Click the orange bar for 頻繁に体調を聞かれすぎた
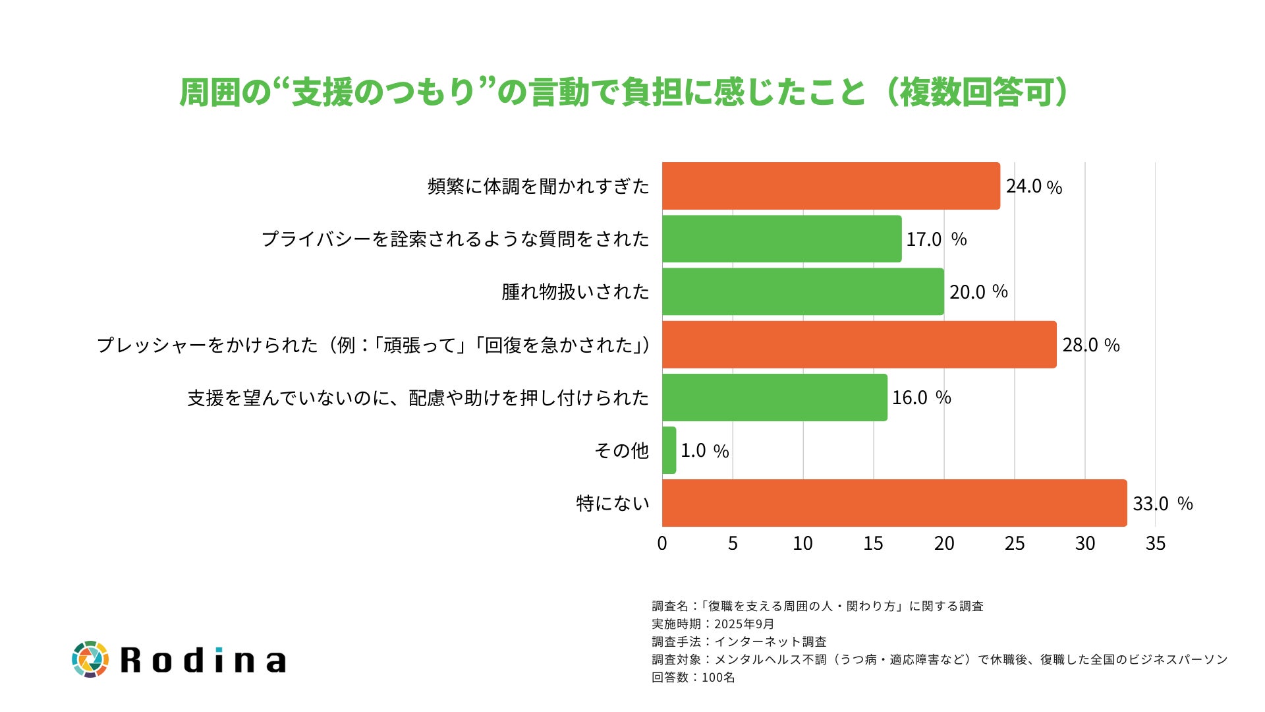click(x=830, y=186)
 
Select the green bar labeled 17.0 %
click(x=781, y=239)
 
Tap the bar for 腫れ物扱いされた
click(x=802, y=291)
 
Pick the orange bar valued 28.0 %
click(x=858, y=344)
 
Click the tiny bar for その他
click(x=669, y=450)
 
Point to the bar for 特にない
click(x=894, y=503)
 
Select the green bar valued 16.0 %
click(x=774, y=398)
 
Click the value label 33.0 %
click(x=1163, y=504)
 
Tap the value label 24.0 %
click(x=1034, y=187)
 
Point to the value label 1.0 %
click(x=704, y=451)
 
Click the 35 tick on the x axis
click(x=1155, y=543)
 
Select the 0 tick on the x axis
click(x=662, y=543)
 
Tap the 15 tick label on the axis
click(x=873, y=543)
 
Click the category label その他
click(x=621, y=451)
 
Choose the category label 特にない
click(x=613, y=504)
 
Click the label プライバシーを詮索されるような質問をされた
click(x=455, y=239)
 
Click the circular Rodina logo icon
click(x=90, y=659)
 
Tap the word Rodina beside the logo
click(x=204, y=660)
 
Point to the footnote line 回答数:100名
click(x=693, y=677)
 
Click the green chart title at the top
click(x=623, y=92)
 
